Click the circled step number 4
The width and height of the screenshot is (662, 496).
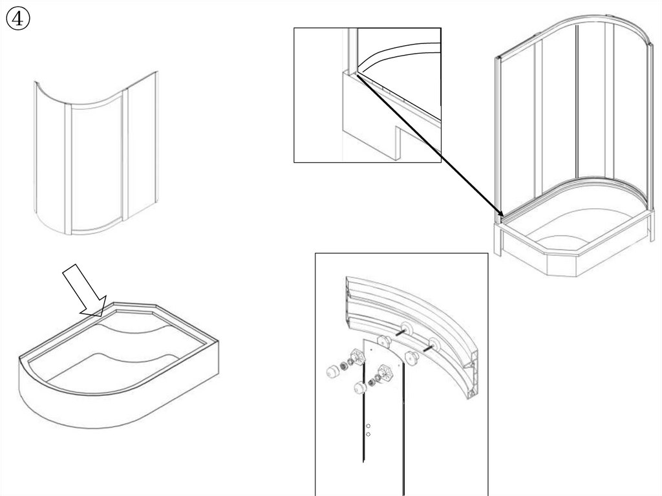(x=18, y=19)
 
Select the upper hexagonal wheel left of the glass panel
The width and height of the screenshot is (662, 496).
(x=357, y=356)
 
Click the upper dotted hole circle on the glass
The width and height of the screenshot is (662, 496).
(x=368, y=426)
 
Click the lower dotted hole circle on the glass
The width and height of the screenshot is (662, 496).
(x=368, y=435)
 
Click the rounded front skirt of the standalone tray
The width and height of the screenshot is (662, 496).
(x=97, y=407)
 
